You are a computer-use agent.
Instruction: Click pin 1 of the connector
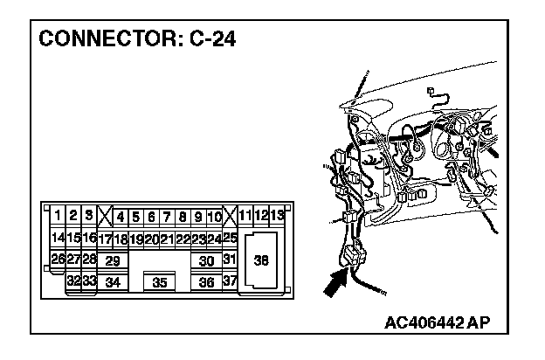pyautogui.click(x=58, y=216)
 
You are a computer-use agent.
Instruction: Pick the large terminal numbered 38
pyautogui.click(x=261, y=260)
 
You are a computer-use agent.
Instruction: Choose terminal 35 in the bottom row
pyautogui.click(x=159, y=282)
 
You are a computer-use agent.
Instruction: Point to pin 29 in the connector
pyautogui.click(x=112, y=260)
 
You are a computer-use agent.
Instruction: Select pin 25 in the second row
pyautogui.click(x=231, y=238)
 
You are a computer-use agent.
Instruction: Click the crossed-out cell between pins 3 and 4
pyautogui.click(x=105, y=216)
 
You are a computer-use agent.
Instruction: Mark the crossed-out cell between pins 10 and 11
pyautogui.click(x=230, y=216)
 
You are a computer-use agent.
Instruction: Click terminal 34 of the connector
pyautogui.click(x=112, y=282)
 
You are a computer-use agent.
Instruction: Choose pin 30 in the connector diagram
pyautogui.click(x=206, y=260)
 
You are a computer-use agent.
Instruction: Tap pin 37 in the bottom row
pyautogui.click(x=230, y=281)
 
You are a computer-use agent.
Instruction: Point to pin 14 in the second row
pyautogui.click(x=58, y=238)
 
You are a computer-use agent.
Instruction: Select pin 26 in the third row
pyautogui.click(x=58, y=260)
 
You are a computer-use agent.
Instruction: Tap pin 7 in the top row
pyautogui.click(x=167, y=216)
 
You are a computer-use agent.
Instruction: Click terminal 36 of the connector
pyautogui.click(x=206, y=282)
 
